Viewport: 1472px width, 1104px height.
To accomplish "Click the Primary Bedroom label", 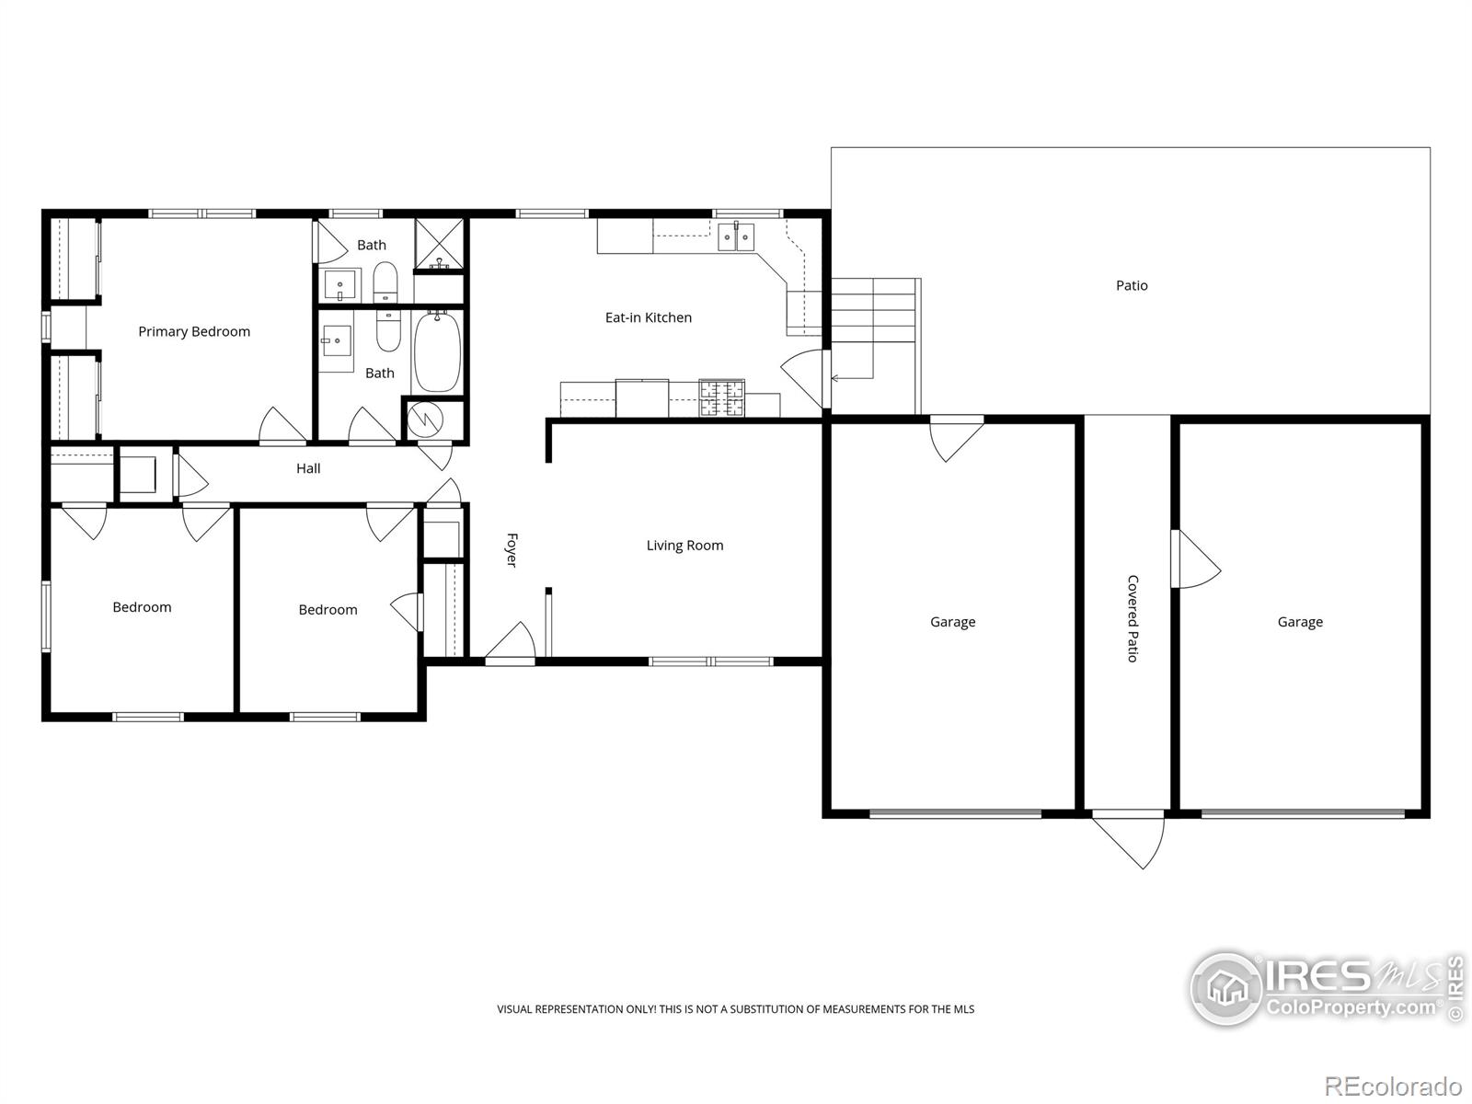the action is (x=194, y=332).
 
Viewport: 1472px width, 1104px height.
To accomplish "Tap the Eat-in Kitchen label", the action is (x=648, y=317).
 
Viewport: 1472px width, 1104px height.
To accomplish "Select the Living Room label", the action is (x=684, y=546).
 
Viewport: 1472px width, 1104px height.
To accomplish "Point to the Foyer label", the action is (x=512, y=550).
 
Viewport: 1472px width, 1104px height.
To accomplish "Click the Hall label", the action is (x=308, y=468).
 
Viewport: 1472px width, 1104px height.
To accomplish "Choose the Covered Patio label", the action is (x=1132, y=618).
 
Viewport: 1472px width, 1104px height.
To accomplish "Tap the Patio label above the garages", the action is (x=1132, y=285).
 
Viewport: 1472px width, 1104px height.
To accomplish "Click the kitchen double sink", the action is (x=736, y=237).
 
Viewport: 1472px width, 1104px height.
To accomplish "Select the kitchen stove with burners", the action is (x=721, y=398).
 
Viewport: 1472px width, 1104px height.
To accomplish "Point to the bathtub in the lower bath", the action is (x=437, y=351).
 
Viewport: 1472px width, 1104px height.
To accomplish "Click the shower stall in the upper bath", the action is (x=439, y=245).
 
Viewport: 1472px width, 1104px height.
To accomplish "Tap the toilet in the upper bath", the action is (x=385, y=282).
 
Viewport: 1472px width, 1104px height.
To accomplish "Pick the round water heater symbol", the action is (x=425, y=420).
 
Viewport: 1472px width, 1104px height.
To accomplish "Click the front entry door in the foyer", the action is (x=511, y=642).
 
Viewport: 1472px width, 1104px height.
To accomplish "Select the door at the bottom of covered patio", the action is (x=1129, y=841).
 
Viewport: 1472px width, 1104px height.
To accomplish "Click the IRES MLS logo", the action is (x=1327, y=989).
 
